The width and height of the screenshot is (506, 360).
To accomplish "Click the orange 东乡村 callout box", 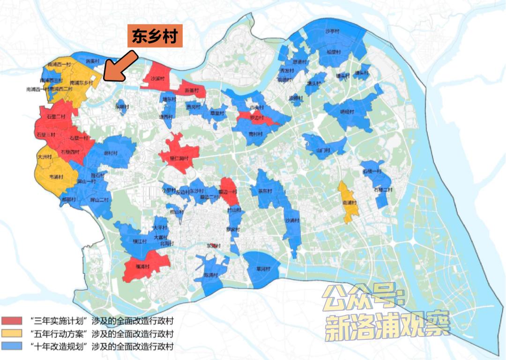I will (x=155, y=37).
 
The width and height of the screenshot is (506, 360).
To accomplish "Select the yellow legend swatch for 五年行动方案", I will (x=14, y=334).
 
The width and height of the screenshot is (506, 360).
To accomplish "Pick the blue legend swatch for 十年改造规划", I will (x=14, y=347).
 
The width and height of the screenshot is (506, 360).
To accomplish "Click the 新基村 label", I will (x=192, y=90).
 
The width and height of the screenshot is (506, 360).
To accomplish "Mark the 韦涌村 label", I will (x=56, y=177).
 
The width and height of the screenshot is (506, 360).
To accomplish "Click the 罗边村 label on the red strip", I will (x=255, y=118).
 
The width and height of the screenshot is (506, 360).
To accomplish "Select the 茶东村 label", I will (x=265, y=191).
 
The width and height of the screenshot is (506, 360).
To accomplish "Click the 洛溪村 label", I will (x=93, y=60).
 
